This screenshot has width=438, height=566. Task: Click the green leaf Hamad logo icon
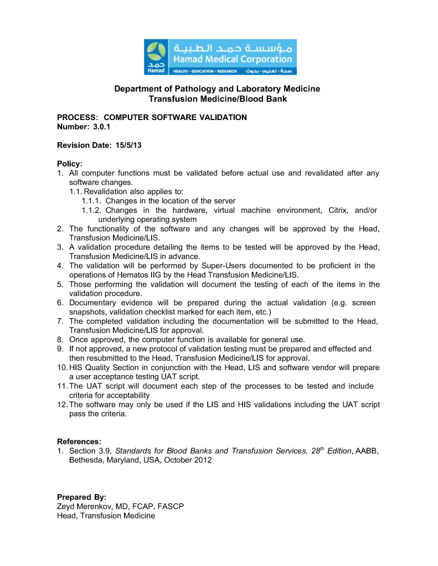[157, 53]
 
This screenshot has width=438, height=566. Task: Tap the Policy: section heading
[70, 164]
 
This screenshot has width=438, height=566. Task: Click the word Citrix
[333, 210]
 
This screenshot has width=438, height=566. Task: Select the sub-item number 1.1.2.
[91, 210]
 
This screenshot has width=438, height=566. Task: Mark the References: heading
[79, 442]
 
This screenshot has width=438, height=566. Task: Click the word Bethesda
[86, 460]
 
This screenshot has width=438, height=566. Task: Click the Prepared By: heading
[81, 497]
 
